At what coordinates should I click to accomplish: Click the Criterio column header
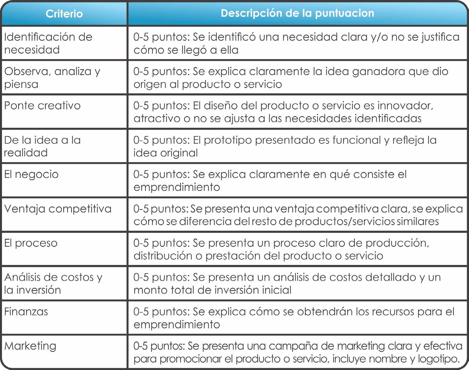point(64,14)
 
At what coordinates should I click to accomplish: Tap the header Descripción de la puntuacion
point(297,13)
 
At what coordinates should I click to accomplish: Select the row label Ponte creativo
point(42,106)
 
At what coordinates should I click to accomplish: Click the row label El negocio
point(31,174)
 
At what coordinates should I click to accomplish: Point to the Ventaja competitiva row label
point(58,209)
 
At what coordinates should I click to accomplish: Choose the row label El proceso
point(31,243)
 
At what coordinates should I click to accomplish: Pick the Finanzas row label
point(26,312)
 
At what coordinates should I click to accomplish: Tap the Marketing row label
point(30,346)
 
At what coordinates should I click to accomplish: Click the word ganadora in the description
point(378,71)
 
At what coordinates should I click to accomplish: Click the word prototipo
point(228,140)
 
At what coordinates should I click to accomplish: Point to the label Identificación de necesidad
point(48,43)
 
